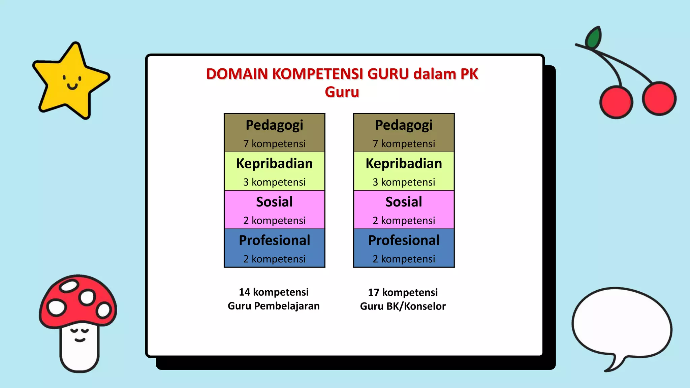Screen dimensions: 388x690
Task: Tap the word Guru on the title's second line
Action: [342, 92]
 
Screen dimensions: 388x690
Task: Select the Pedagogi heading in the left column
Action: [274, 125]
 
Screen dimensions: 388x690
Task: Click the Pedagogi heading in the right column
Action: [404, 125]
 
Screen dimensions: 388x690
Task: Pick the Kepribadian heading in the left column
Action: [274, 164]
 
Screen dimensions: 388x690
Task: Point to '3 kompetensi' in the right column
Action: [404, 182]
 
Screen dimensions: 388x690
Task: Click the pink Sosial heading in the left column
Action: [274, 202]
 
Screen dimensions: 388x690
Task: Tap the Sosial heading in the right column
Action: [404, 202]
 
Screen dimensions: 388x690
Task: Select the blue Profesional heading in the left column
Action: [274, 240]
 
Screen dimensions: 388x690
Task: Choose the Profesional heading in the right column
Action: [404, 240]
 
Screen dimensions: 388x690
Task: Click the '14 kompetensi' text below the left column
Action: [274, 292]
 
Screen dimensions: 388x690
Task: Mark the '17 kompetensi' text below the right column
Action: [403, 292]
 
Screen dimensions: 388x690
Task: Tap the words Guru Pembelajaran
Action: [274, 306]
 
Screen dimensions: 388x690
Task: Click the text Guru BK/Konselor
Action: [403, 306]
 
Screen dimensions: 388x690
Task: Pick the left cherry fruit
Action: [616, 102]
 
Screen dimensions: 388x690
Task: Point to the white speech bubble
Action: [622, 323]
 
